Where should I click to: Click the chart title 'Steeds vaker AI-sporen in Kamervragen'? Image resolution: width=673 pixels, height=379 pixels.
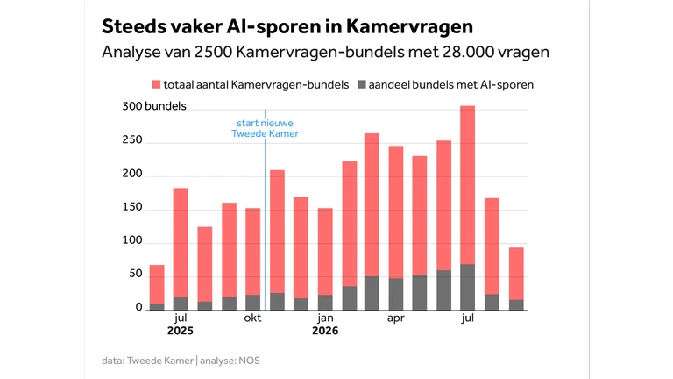pyautogui.click(x=287, y=26)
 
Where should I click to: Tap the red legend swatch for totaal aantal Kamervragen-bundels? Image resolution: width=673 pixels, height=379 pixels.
pyautogui.click(x=156, y=84)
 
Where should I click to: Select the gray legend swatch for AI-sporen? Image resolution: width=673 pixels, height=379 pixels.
pyautogui.click(x=362, y=84)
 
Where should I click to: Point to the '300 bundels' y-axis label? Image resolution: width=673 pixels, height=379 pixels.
pyautogui.click(x=154, y=106)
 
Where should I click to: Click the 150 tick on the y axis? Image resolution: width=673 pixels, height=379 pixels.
pyautogui.click(x=132, y=207)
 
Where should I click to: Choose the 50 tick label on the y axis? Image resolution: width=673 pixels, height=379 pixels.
pyautogui.click(x=136, y=274)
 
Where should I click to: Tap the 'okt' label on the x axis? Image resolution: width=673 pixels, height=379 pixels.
pyautogui.click(x=252, y=318)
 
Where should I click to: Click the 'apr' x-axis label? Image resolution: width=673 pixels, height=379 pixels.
pyautogui.click(x=396, y=318)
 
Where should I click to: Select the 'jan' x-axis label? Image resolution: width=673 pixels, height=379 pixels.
pyautogui.click(x=325, y=318)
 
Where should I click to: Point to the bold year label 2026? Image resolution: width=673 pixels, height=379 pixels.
pyautogui.click(x=325, y=331)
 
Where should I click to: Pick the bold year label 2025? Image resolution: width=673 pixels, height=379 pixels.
pyautogui.click(x=181, y=331)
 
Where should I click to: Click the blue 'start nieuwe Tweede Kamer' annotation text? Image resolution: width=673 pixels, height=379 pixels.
pyautogui.click(x=266, y=128)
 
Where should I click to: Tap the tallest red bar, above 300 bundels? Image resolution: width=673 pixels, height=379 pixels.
pyautogui.click(x=467, y=185)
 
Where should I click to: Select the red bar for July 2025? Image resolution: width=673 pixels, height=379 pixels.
pyautogui.click(x=181, y=243)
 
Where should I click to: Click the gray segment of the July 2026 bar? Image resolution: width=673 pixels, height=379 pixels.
pyautogui.click(x=467, y=287)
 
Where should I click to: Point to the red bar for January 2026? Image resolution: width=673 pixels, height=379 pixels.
pyautogui.click(x=325, y=252)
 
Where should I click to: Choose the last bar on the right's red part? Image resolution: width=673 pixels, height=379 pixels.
pyautogui.click(x=516, y=274)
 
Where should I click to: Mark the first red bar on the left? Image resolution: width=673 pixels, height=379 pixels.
pyautogui.click(x=157, y=284)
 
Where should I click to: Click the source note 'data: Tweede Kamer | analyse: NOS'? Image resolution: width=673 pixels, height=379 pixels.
pyautogui.click(x=181, y=361)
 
